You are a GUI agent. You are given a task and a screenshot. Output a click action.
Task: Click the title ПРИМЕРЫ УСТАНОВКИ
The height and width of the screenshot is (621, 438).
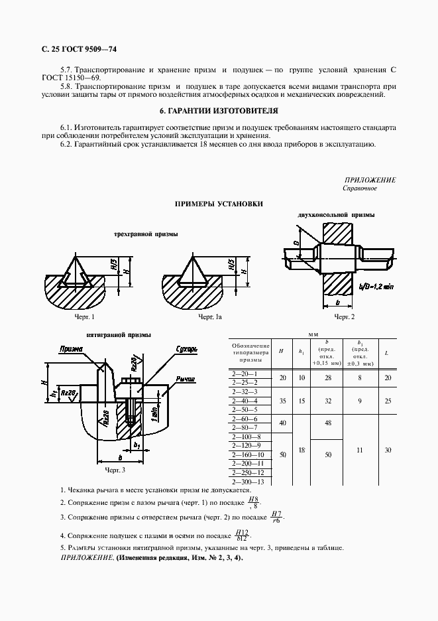tap(219, 204)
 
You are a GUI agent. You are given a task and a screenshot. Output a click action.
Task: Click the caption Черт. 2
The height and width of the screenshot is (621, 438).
tap(344, 318)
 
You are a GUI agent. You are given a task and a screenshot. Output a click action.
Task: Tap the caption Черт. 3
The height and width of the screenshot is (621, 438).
tap(115, 470)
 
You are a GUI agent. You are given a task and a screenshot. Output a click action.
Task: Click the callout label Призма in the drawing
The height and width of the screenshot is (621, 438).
tap(71, 348)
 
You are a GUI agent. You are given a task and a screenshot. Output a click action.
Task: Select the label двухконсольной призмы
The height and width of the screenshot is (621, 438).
tap(336, 216)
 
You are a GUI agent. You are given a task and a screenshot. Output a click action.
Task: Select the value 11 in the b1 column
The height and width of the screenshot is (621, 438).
tap(360, 450)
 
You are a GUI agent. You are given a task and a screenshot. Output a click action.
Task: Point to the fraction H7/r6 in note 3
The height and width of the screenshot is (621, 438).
tap(277, 517)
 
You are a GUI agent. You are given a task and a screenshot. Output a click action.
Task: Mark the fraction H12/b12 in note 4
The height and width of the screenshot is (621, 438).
tap(242, 535)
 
